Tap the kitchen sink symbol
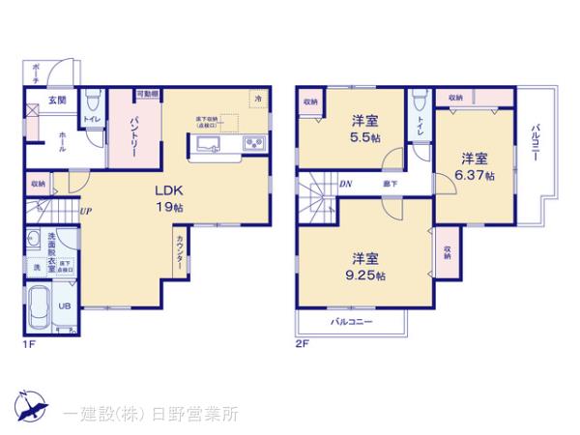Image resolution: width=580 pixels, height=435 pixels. (x=210, y=145)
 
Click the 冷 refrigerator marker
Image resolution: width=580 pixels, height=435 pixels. (x=257, y=98)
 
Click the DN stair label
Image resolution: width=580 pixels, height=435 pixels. (x=345, y=185)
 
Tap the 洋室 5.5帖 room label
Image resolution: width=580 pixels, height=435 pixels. (x=364, y=129)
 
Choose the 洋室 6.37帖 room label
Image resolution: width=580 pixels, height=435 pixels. (x=475, y=166)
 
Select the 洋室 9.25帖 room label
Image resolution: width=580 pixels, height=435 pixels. (x=363, y=266)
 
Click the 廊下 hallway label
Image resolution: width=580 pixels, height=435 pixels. (x=389, y=185)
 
